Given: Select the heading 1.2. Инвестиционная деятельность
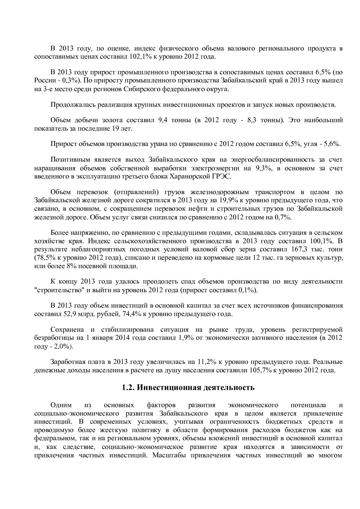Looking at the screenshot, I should click(x=188, y=388).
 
